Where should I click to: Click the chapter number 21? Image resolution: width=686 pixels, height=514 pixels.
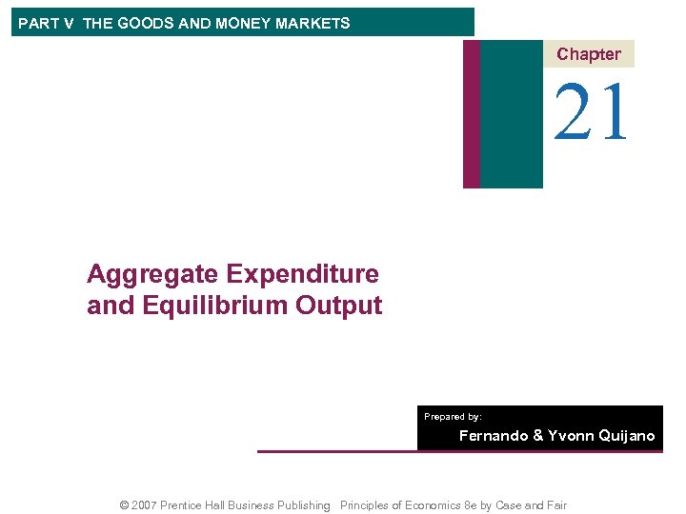592,112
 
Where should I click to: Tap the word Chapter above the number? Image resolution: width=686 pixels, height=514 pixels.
588,54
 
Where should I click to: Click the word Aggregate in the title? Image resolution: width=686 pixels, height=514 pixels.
152,274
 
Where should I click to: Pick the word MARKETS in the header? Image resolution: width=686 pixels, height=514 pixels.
314,23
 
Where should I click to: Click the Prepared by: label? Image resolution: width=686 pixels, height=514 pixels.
453,417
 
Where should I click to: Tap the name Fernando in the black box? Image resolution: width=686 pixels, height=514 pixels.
494,436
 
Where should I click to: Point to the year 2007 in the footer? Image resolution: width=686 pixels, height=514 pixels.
143,505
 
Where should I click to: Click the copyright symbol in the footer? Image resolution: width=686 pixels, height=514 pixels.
124,505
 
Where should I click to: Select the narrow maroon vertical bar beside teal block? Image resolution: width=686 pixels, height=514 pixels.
471,113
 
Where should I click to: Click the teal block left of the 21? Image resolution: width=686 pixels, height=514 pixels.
511,113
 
